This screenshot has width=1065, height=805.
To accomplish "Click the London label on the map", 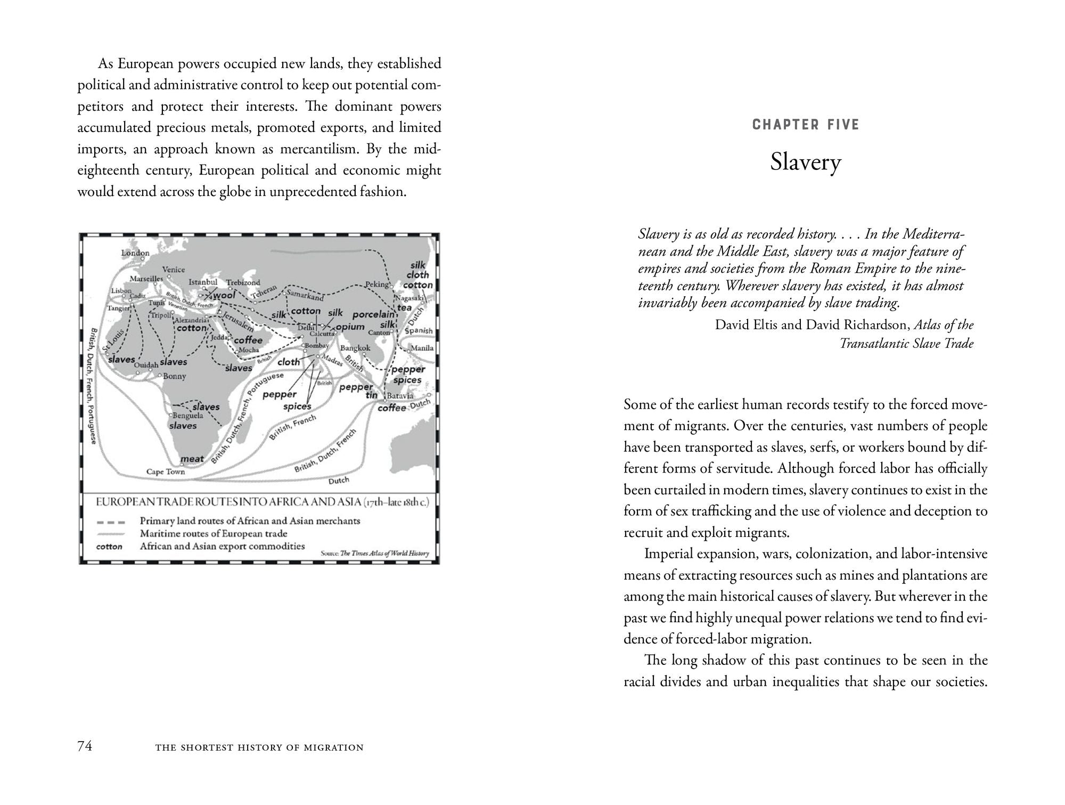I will coord(135,253).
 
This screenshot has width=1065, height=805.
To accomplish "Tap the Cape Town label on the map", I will coord(166,471).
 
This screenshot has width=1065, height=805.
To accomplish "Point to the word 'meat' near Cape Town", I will coord(192,459).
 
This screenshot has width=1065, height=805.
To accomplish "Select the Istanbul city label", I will coord(203,282).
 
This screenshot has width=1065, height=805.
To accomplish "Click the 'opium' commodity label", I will coord(350,327).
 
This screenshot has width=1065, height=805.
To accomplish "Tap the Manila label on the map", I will coord(422,348).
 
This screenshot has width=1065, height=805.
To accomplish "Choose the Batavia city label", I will coord(400,396).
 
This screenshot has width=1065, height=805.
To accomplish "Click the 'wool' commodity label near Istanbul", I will coord(224,295).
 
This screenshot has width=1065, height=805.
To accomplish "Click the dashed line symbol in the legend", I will coord(111,522).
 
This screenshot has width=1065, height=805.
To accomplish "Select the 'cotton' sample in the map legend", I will coord(109,547).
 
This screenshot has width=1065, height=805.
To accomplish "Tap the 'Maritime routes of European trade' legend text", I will coord(213,534).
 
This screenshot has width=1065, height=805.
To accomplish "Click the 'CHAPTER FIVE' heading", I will coord(806,125).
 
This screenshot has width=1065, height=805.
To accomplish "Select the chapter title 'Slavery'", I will coord(805,162).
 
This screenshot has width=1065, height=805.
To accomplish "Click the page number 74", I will coord(85,746).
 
